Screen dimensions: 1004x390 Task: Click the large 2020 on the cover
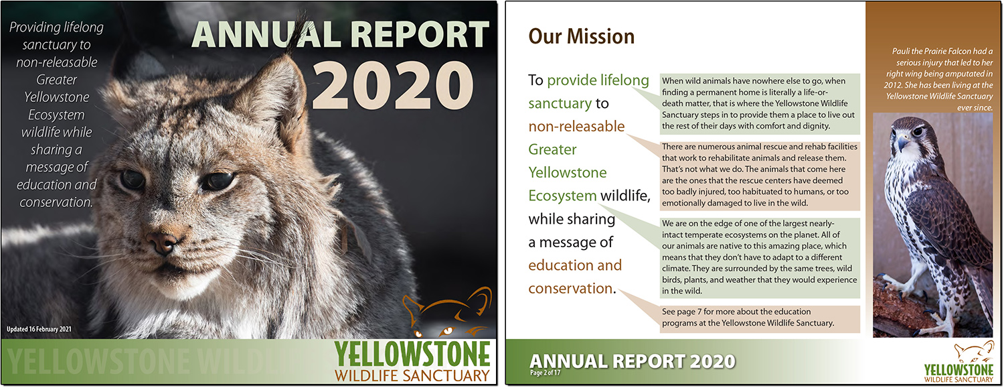[392, 85]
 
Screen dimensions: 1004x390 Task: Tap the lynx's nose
[162, 243]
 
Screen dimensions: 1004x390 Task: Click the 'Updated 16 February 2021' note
[39, 329]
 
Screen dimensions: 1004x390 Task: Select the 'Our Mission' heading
[582, 36]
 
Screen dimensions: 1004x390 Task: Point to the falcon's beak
[902, 143]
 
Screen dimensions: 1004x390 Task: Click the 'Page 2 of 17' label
[545, 373]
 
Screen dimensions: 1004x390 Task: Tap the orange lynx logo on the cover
[447, 312]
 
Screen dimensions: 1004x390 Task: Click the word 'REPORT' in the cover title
[420, 35]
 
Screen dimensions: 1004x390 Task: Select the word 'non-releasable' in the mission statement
[576, 127]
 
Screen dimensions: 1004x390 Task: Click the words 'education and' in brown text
[575, 265]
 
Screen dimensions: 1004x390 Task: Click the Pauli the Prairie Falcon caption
[939, 80]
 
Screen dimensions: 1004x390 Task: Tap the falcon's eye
[918, 131]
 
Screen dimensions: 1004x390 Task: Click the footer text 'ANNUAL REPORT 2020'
[632, 361]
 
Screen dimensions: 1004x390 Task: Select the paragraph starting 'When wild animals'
[760, 104]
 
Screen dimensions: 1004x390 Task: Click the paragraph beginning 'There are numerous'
[760, 175]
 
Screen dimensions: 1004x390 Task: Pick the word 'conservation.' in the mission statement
[572, 289]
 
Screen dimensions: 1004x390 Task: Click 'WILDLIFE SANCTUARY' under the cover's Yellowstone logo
[412, 376]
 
